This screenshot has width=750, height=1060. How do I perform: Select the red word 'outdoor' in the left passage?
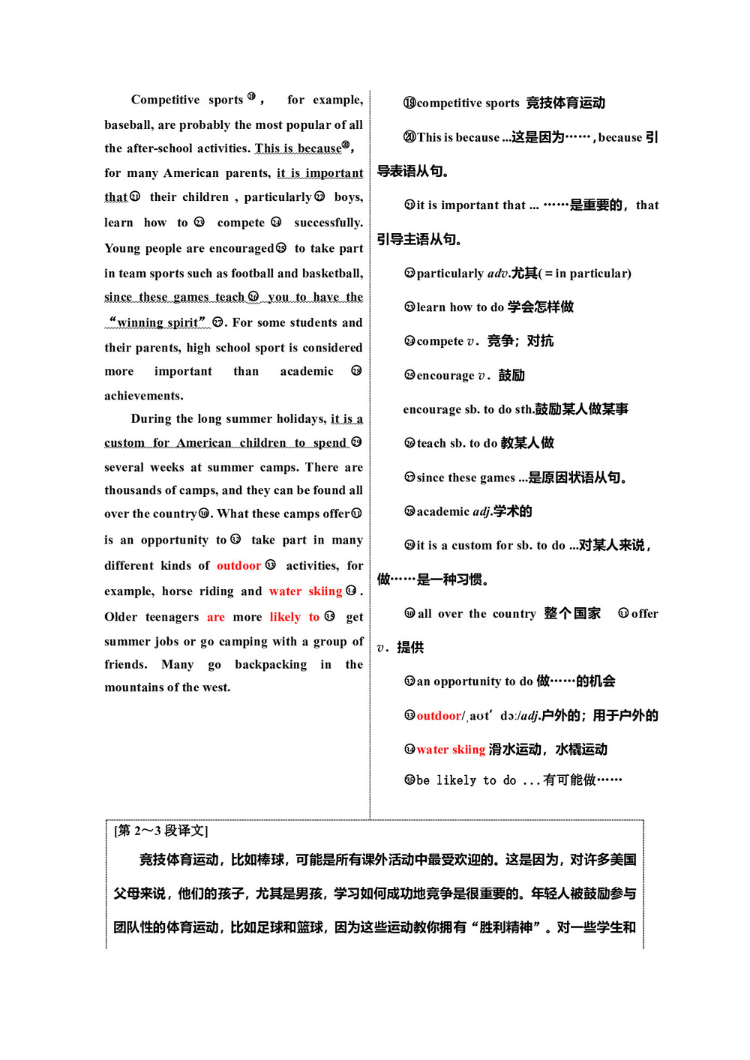click(x=238, y=566)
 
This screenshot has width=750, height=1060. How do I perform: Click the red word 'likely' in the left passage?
click(x=285, y=617)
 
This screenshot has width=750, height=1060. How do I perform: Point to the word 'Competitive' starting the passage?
click(x=165, y=100)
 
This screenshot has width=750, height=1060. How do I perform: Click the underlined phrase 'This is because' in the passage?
click(x=298, y=148)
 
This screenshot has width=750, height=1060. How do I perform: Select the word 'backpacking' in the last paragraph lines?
click(x=271, y=665)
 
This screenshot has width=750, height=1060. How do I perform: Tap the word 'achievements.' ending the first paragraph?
click(x=143, y=396)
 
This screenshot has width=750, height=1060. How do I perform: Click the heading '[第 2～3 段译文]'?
click(x=161, y=831)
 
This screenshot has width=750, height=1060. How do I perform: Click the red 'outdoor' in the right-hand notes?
click(x=439, y=716)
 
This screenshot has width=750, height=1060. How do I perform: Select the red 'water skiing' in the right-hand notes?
click(x=451, y=750)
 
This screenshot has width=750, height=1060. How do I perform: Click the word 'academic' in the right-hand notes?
click(x=442, y=512)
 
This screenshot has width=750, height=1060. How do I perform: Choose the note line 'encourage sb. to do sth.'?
click(x=468, y=409)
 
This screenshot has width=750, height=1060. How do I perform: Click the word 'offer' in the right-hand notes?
click(x=645, y=614)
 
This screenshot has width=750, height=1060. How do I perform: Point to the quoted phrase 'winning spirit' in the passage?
click(x=157, y=323)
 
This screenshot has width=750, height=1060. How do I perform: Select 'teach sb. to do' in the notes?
click(x=457, y=444)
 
